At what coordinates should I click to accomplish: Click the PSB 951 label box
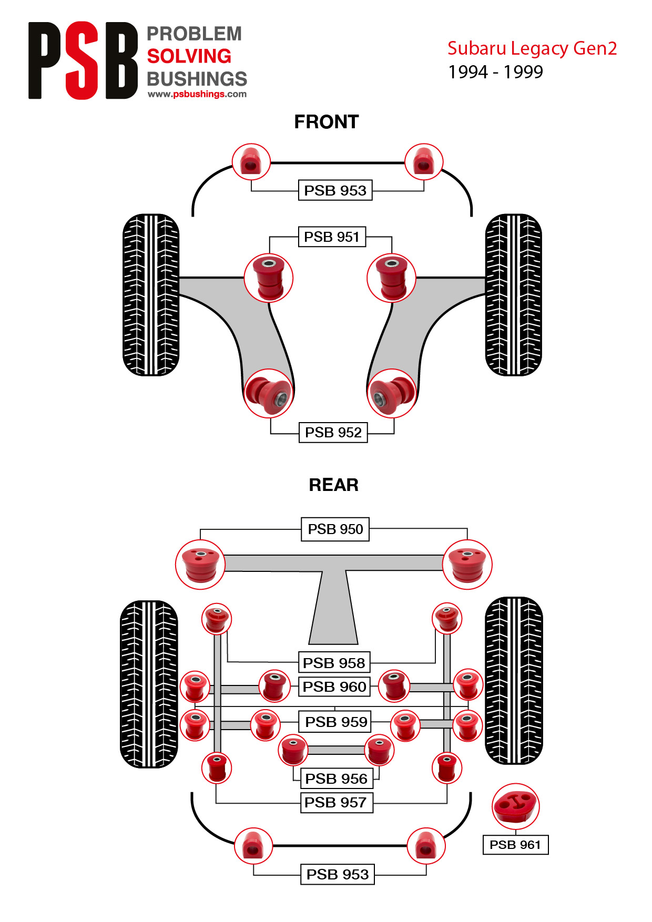pos(332,237)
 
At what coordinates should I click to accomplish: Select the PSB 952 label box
pos(333,432)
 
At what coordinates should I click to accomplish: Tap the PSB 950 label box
pos(335,529)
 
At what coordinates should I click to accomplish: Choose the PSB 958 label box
pos(334,662)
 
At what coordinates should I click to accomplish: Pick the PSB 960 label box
pos(334,687)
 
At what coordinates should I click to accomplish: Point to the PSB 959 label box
pos(335,722)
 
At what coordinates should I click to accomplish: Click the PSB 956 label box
pos(337,778)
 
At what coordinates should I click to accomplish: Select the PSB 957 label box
pos(337,803)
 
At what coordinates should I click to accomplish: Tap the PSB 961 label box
pos(515,845)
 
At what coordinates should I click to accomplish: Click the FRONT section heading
pos(327,122)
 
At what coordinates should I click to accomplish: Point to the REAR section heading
pos(334,485)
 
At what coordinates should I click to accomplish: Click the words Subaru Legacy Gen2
pos(532,48)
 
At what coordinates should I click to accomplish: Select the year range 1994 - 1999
pos(495,72)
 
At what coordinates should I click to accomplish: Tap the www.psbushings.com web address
pos(197,94)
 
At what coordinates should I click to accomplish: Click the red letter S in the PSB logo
pos(82,60)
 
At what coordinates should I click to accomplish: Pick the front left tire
pos(151,294)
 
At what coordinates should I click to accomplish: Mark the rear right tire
pos(514,680)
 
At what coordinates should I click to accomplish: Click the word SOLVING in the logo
pos(189,56)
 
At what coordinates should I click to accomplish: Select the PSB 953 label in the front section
pos(335,190)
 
